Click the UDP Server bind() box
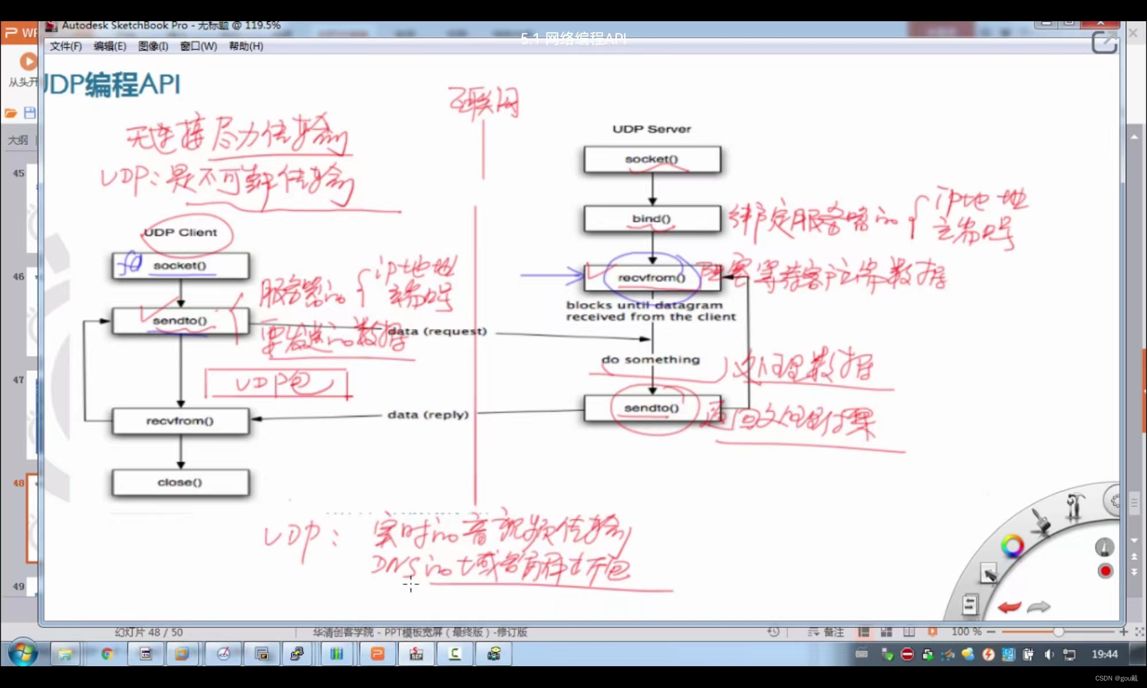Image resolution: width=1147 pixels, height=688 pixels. pos(652,218)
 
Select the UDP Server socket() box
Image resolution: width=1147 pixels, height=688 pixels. pos(652,159)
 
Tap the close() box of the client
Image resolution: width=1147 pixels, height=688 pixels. pos(181,482)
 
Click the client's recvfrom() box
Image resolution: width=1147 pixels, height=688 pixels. pos(181,421)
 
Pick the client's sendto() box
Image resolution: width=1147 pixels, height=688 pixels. pos(181,320)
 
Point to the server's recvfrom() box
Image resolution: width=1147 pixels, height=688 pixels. pos(652,278)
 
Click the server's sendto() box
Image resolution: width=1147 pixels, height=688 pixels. pos(652,408)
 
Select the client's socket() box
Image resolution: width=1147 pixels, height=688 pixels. pos(181,265)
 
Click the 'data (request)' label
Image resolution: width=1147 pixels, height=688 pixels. pos(438,331)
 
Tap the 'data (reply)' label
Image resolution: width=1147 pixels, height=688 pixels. pos(428,415)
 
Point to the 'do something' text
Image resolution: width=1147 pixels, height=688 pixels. pos(651,359)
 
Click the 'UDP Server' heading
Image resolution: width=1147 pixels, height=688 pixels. pos(651,129)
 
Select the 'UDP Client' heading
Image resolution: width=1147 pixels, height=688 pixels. pos(181,232)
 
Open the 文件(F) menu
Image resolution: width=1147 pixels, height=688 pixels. pos(65,46)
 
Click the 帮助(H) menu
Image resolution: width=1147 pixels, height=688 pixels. pos(246,46)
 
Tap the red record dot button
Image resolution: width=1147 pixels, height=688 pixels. pos(1105,571)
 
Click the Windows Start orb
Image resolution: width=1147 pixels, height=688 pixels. pos(23,654)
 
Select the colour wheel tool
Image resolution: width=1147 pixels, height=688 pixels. pos(1012,545)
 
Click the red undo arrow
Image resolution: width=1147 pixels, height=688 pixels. pos(1009,607)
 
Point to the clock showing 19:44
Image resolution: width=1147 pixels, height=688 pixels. pos(1105,654)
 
